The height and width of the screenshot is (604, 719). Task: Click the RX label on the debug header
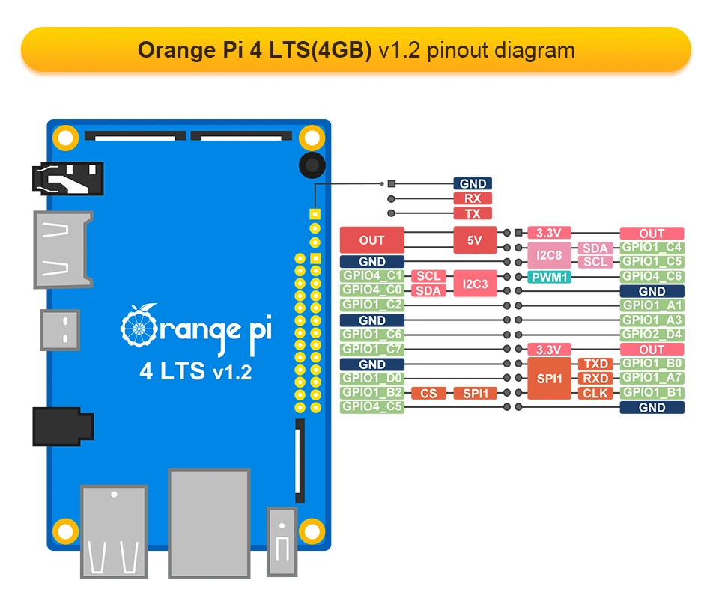pos(473,198)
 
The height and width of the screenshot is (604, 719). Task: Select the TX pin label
pos(473,213)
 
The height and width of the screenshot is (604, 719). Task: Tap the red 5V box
pos(475,240)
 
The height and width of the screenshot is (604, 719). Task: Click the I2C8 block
pos(549,254)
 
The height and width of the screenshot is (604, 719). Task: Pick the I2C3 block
pos(475,284)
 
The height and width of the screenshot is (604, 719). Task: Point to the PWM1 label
pos(549,277)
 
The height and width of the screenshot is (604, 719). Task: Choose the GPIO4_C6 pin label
pos(652,276)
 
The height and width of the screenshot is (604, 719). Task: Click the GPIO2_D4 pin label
pos(652,334)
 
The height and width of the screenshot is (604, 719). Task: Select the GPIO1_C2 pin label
pos(372,305)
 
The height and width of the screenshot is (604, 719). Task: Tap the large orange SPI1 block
pos(549,379)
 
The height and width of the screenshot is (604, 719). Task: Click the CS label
pos(428,393)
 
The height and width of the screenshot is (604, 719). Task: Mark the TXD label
pos(595,364)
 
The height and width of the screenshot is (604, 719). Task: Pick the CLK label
pos(595,393)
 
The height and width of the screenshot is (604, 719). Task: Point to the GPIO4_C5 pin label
pos(372,407)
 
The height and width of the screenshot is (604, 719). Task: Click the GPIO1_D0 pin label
pos(372,378)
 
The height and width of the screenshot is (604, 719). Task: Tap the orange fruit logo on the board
pos(139,325)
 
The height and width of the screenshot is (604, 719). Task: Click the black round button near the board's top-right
pos(312,165)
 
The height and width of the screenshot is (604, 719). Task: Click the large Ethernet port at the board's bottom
pos(209,523)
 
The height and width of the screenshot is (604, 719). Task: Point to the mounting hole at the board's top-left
pos(66,138)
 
